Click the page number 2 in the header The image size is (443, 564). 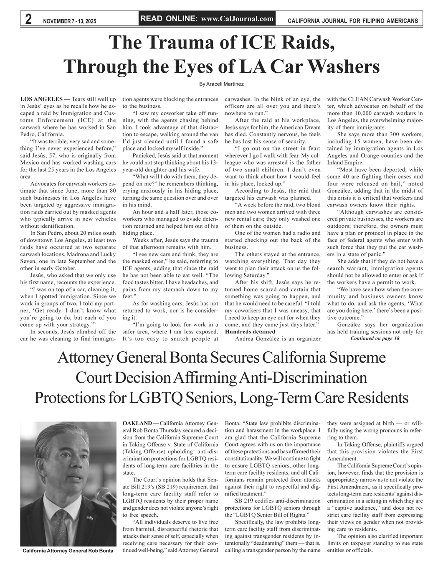(x=29, y=19)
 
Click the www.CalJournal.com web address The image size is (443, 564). (x=237, y=18)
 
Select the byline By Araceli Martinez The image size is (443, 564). (x=221, y=84)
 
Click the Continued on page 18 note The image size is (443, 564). (x=375, y=338)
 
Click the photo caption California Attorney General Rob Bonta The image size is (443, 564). (x=68, y=551)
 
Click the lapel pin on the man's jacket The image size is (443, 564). (x=89, y=518)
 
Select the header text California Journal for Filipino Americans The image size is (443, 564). (x=353, y=20)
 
